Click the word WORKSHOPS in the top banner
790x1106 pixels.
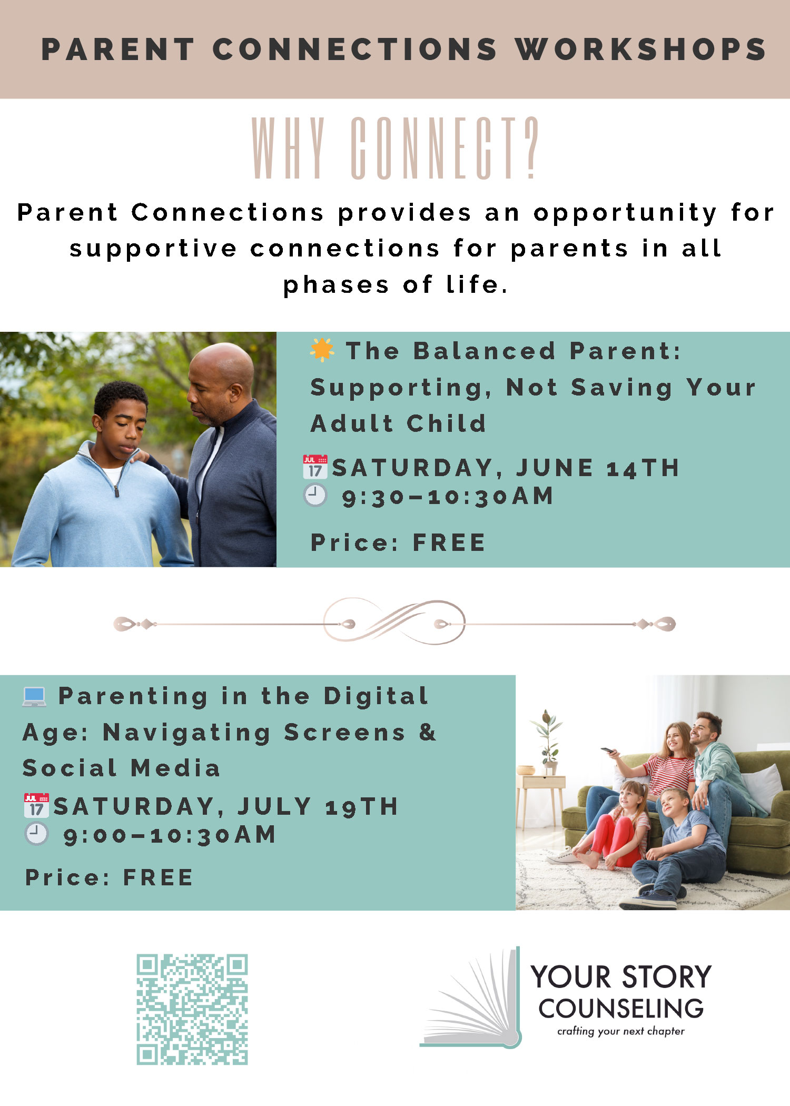tap(640, 50)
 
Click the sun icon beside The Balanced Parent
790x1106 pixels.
tap(322, 350)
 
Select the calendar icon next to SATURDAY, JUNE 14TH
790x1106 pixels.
tap(315, 467)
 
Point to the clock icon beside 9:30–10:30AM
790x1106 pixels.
tap(315, 496)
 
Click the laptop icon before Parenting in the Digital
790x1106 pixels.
tap(35, 696)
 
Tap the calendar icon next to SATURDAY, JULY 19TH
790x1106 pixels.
tap(36, 806)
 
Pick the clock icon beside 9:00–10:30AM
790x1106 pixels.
tap(36, 834)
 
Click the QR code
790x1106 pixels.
tap(192, 1009)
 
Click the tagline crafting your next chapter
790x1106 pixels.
tap(621, 1031)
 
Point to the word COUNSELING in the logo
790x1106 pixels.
tap(621, 1009)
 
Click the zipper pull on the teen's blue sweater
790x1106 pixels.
tap(117, 491)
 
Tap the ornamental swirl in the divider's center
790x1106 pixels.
tap(394, 621)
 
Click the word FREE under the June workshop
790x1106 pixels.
tap(449, 543)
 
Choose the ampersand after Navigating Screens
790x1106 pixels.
tap(428, 732)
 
